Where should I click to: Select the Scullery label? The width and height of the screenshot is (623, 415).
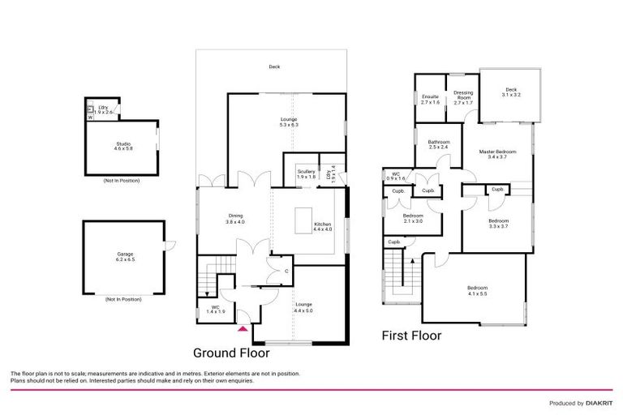pos(306,174)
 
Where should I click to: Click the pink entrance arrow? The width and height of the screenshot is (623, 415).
pos(242,328)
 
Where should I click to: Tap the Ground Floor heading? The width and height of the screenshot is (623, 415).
pos(230,353)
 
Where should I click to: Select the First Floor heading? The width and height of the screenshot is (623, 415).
pos(411,336)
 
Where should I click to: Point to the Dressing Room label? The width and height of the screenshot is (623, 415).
pos(463,97)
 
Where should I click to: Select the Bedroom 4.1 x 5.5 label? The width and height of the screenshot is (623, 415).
pos(477,291)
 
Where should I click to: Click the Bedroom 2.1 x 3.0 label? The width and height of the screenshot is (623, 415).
pos(414,218)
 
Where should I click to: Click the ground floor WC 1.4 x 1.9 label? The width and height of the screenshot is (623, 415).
pos(216,309)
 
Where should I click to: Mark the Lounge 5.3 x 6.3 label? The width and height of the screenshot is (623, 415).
pos(289,122)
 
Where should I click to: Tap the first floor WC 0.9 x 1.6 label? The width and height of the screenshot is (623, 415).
pos(396,176)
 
